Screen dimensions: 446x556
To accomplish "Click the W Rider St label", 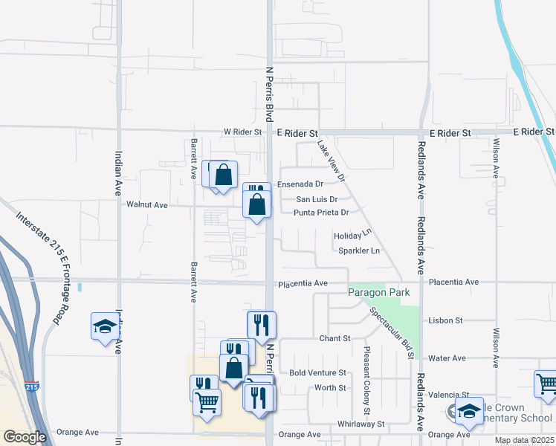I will (244, 132).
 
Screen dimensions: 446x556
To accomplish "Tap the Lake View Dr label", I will (332, 161).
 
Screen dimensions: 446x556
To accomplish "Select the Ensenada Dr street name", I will (300, 184).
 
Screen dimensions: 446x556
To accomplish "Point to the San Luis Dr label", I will (317, 199).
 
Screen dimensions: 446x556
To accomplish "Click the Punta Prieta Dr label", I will (321, 213).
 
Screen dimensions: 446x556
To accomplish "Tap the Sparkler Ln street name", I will (359, 251).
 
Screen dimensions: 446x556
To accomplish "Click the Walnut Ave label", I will (147, 204).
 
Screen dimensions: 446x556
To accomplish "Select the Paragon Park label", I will (379, 293).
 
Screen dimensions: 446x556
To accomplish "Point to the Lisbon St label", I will (446, 320).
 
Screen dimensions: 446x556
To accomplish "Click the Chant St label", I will (334, 338).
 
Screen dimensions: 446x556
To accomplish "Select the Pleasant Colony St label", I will (367, 380).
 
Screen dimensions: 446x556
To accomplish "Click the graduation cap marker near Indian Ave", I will (105, 326).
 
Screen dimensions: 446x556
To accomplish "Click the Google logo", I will (25, 437).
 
